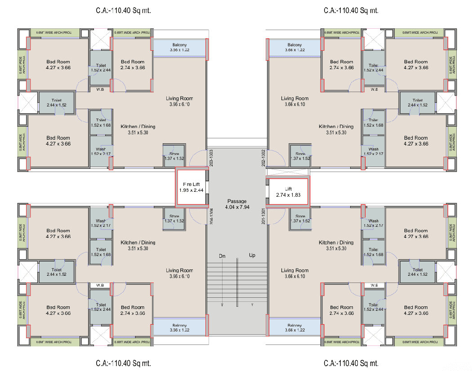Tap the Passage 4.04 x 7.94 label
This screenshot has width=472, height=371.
(237, 204)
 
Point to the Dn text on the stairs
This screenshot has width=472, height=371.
(222, 256)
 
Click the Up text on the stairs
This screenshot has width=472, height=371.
(252, 256)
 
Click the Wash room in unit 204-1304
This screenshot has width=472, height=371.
(101, 224)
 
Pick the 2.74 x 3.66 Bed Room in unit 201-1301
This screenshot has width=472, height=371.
(341, 310)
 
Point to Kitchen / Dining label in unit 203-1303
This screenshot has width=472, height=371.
(138, 129)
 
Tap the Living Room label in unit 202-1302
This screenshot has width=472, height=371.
(294, 101)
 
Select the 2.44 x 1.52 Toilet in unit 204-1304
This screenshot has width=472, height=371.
(57, 272)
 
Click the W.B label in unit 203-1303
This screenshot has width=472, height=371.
(101, 89)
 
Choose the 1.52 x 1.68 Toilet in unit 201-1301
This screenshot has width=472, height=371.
(373, 252)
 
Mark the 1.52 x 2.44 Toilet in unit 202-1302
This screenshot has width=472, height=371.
(373, 67)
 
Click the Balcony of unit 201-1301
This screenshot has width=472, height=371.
(294, 328)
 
